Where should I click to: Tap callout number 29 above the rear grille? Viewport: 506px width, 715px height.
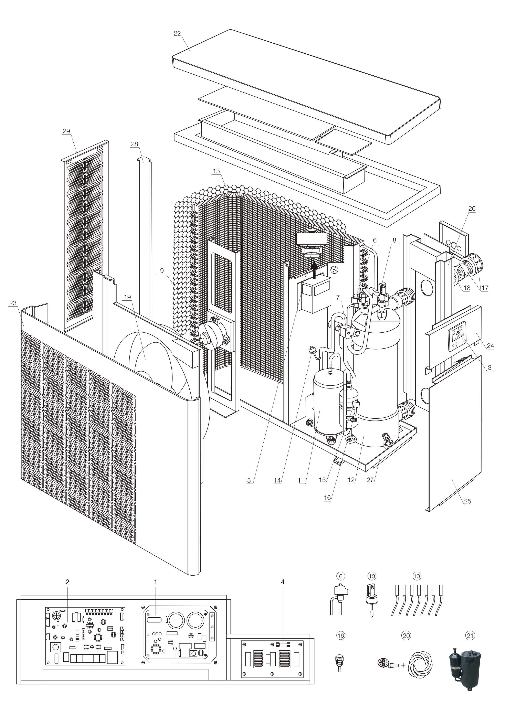pyautogui.click(x=66, y=131)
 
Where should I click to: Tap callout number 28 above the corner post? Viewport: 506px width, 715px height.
pyautogui.click(x=134, y=144)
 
